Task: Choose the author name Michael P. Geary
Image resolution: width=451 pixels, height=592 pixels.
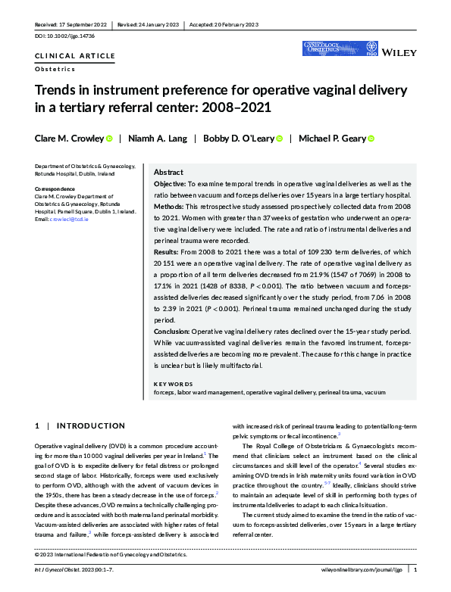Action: coord(332,139)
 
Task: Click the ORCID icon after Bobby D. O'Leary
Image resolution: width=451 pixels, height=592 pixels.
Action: coord(280,139)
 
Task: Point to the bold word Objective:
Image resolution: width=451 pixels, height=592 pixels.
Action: coord(175,184)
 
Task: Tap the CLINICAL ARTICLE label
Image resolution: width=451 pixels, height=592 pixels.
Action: coord(75,56)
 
